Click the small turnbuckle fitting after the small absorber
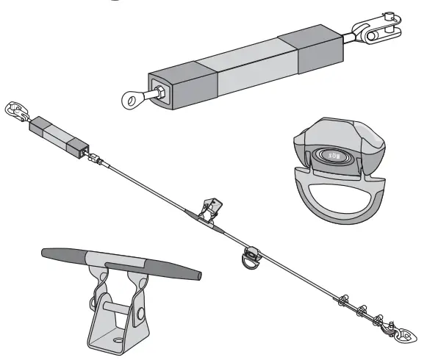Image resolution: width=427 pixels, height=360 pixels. click(94, 158)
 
